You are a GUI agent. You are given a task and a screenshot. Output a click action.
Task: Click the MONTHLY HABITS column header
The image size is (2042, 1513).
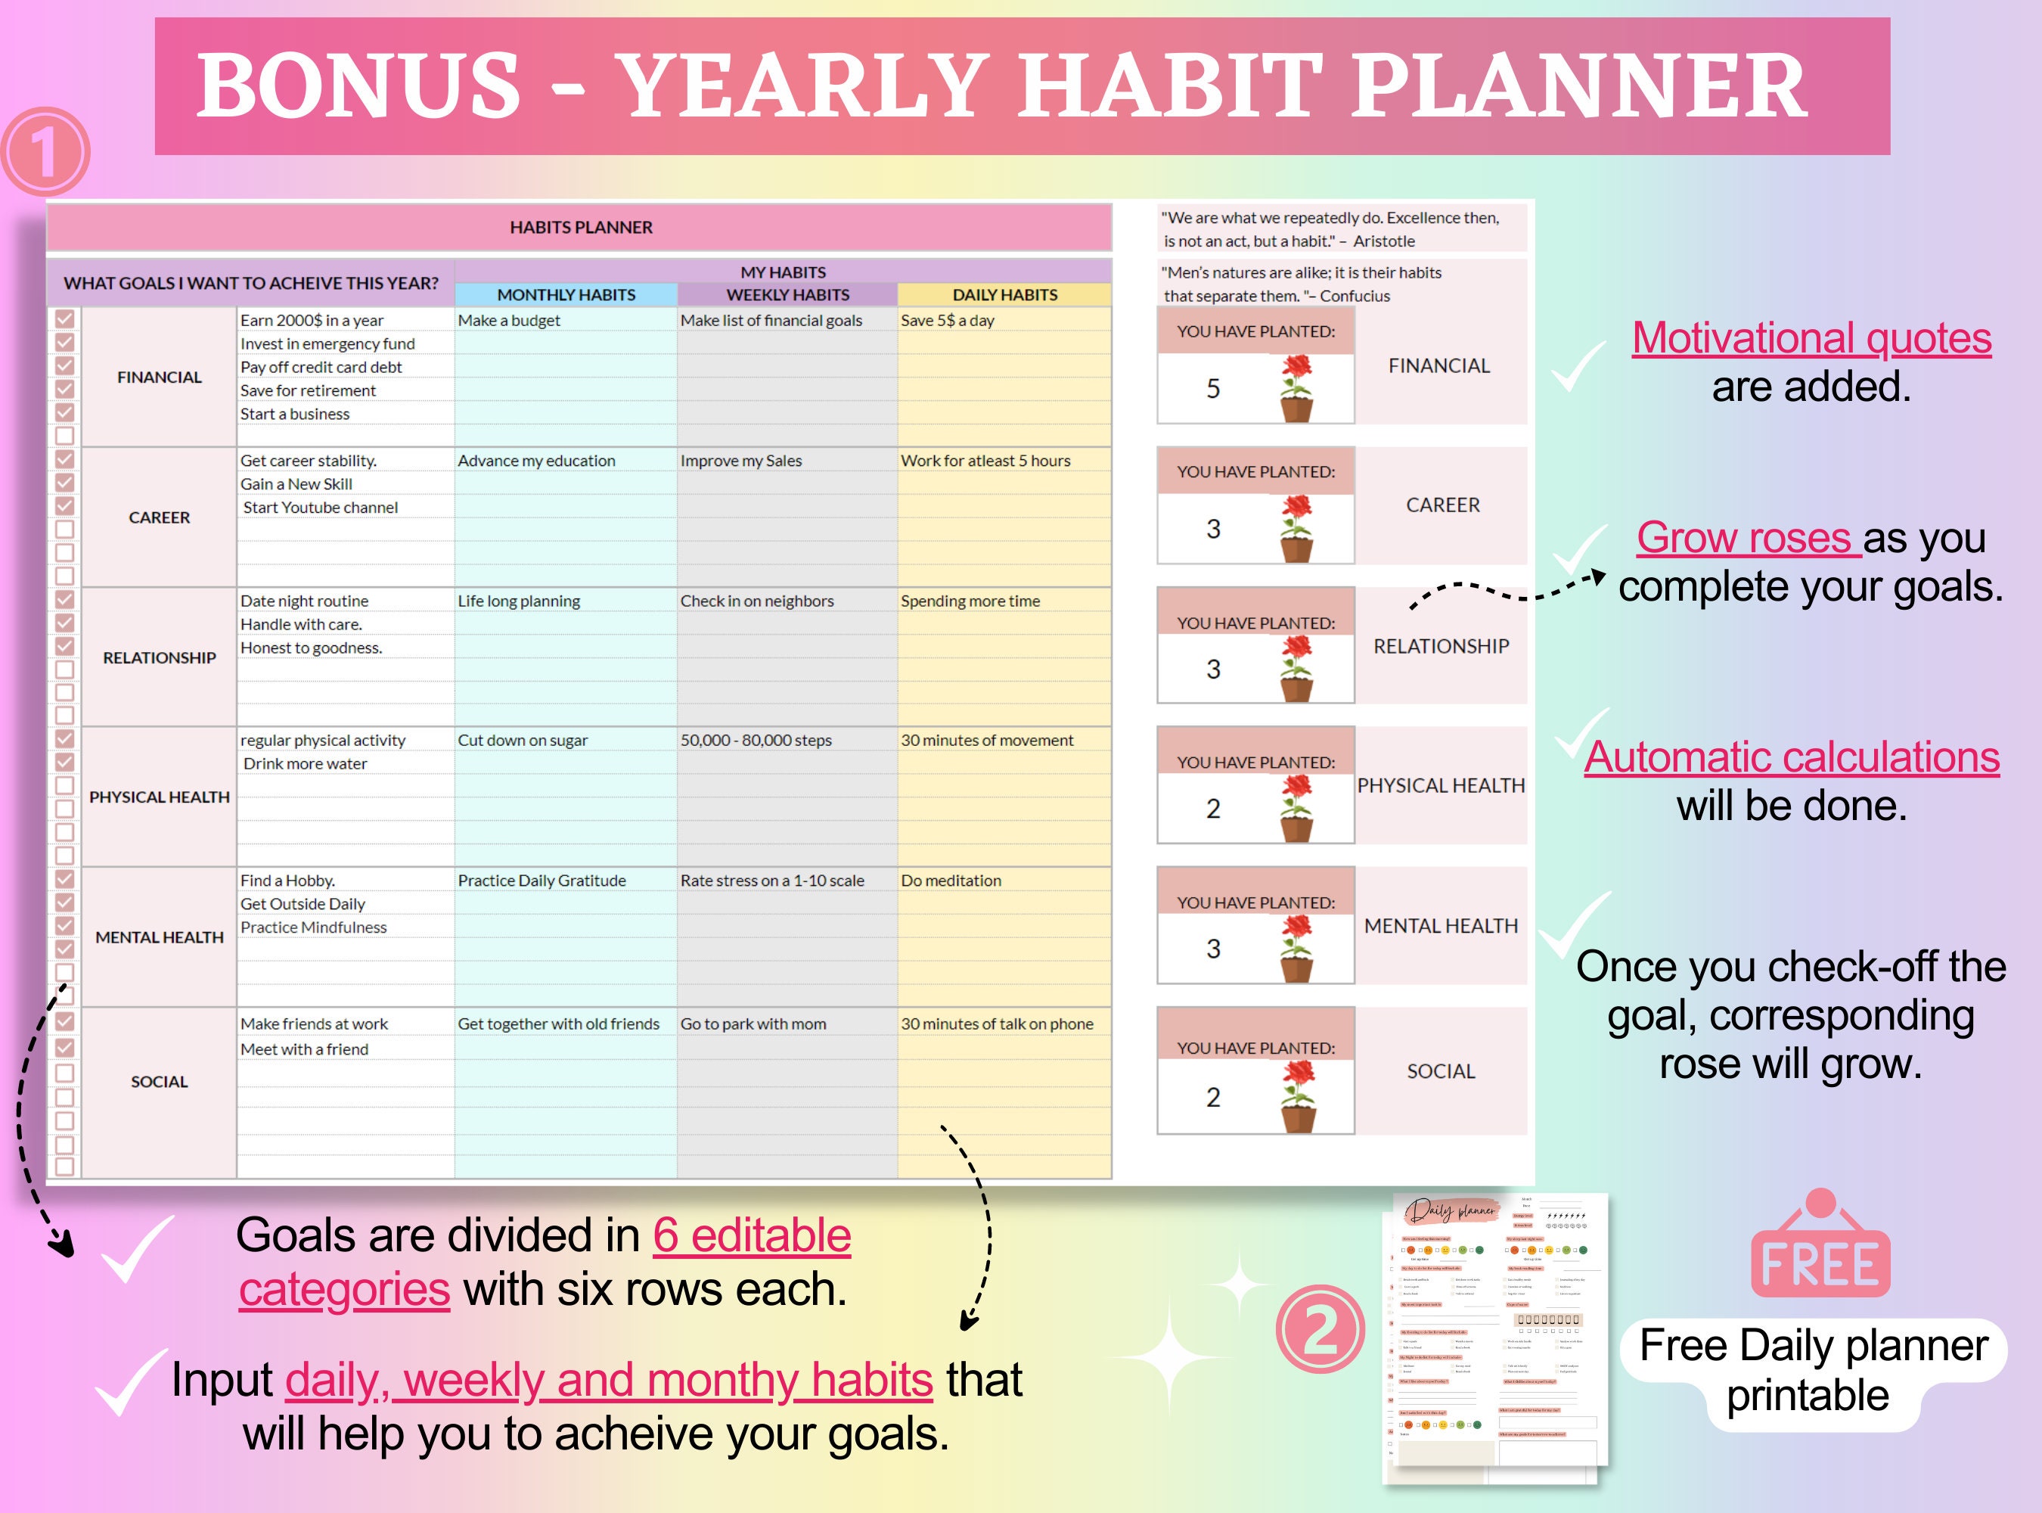tap(566, 295)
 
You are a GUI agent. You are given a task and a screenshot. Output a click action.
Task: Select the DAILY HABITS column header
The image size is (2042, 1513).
tap(1004, 295)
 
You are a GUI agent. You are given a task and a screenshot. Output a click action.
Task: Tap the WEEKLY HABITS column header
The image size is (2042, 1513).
tap(787, 295)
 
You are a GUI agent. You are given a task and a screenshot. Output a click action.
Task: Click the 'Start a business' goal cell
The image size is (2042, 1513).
tap(295, 414)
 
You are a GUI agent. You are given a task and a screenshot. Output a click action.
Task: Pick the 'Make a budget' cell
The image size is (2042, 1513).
tap(509, 321)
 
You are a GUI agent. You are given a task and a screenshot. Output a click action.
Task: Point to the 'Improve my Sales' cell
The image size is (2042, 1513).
tap(741, 461)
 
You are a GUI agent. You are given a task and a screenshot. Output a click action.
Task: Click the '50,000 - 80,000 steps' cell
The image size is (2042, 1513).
tap(756, 740)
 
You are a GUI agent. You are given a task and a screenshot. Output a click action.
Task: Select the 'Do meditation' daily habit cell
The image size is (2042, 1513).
tap(951, 880)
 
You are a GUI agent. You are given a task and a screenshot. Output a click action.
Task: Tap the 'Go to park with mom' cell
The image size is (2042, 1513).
tap(753, 1024)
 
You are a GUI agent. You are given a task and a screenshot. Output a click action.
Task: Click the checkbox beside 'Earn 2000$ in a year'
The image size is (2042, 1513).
tap(65, 318)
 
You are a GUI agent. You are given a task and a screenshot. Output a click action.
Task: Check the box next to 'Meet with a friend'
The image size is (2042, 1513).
tap(65, 1047)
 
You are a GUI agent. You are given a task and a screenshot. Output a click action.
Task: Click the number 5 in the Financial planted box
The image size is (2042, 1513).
tap(1212, 388)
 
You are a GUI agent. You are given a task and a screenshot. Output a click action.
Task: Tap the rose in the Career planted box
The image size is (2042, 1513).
tap(1296, 529)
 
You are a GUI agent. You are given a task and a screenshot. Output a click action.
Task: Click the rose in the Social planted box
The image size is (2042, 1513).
tap(1298, 1096)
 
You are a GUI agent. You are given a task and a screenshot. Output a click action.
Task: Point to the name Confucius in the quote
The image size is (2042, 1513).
tap(1355, 297)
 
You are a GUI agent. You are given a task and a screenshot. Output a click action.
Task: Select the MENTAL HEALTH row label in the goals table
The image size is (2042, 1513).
tap(160, 937)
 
